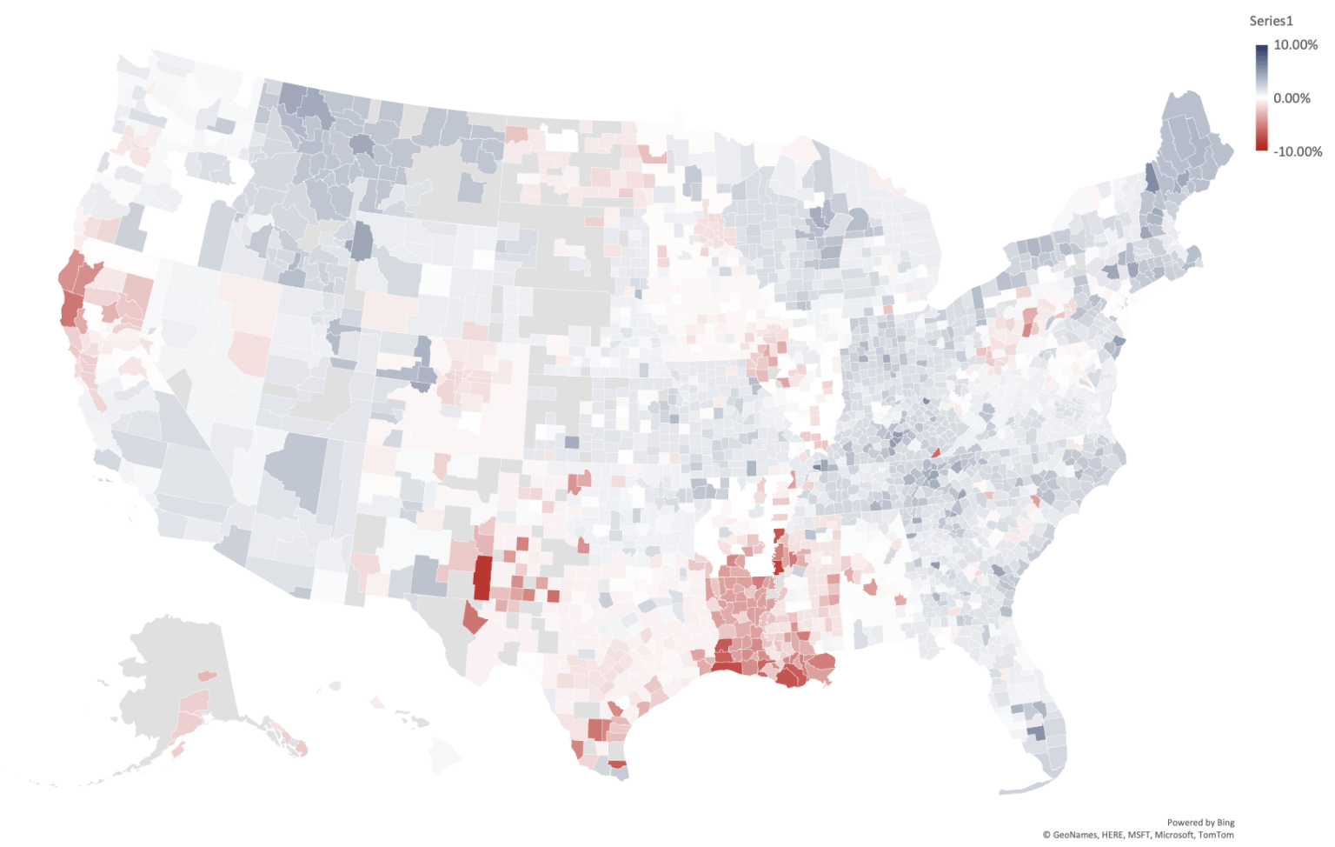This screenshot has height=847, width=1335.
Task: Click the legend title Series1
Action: tap(1271, 21)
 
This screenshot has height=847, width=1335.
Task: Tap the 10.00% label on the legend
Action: tap(1295, 45)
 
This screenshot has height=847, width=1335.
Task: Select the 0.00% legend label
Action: tap(1292, 98)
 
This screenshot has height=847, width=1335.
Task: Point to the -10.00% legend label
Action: tap(1297, 151)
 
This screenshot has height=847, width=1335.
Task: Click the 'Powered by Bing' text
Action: tap(1200, 822)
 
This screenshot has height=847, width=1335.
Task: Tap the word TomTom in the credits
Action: tap(1215, 835)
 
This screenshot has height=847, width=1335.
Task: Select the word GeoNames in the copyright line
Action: tap(1075, 835)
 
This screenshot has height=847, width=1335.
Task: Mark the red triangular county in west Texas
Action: tap(473, 618)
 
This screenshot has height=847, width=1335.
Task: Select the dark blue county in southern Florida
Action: tap(1036, 733)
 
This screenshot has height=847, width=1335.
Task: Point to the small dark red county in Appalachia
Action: tap(936, 452)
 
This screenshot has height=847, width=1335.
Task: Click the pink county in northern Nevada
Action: tap(249, 350)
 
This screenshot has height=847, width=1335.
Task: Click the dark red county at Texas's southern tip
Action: tap(617, 764)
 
